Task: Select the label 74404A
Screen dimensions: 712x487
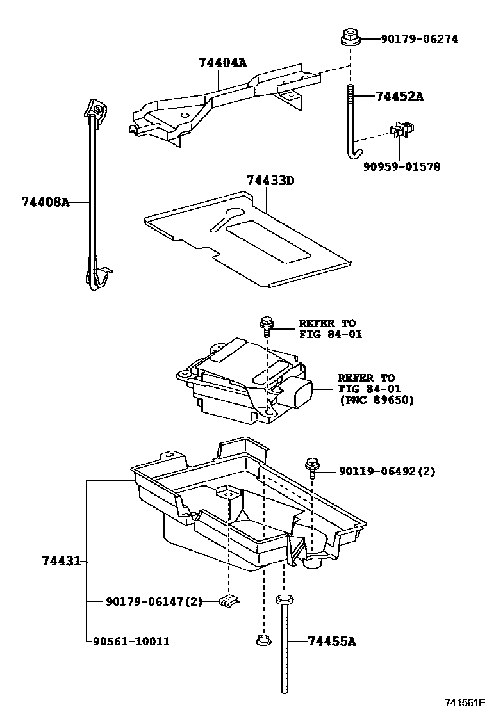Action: pos(222,63)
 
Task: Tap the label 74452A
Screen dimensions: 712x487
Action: pos(399,97)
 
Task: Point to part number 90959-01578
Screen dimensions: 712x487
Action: pos(402,167)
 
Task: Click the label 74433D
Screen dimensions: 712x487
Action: pos(270,181)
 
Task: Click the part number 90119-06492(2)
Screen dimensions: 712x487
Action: pos(386,472)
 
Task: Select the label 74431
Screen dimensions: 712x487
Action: pos(61,562)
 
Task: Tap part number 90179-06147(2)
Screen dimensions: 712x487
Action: pos(154,601)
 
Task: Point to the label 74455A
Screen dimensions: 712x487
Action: pos(331,641)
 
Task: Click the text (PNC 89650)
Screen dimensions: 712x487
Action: pos(376,400)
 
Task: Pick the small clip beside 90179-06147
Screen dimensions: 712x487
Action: pos(229,601)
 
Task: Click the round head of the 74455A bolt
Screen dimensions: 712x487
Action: pos(284,600)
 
